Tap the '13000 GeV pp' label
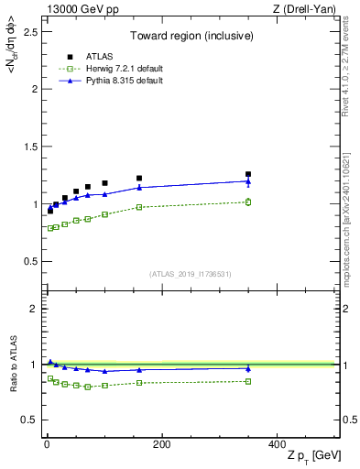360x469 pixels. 77,9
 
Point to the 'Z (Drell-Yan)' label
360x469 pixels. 308,9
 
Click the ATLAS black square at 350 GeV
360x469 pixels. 247,174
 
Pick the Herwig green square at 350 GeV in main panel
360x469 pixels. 247,202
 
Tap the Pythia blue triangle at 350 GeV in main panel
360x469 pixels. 247,180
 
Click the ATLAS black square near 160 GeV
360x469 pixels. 139,178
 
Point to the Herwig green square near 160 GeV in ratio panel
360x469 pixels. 139,382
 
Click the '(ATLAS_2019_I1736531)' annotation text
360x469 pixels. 190,274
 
